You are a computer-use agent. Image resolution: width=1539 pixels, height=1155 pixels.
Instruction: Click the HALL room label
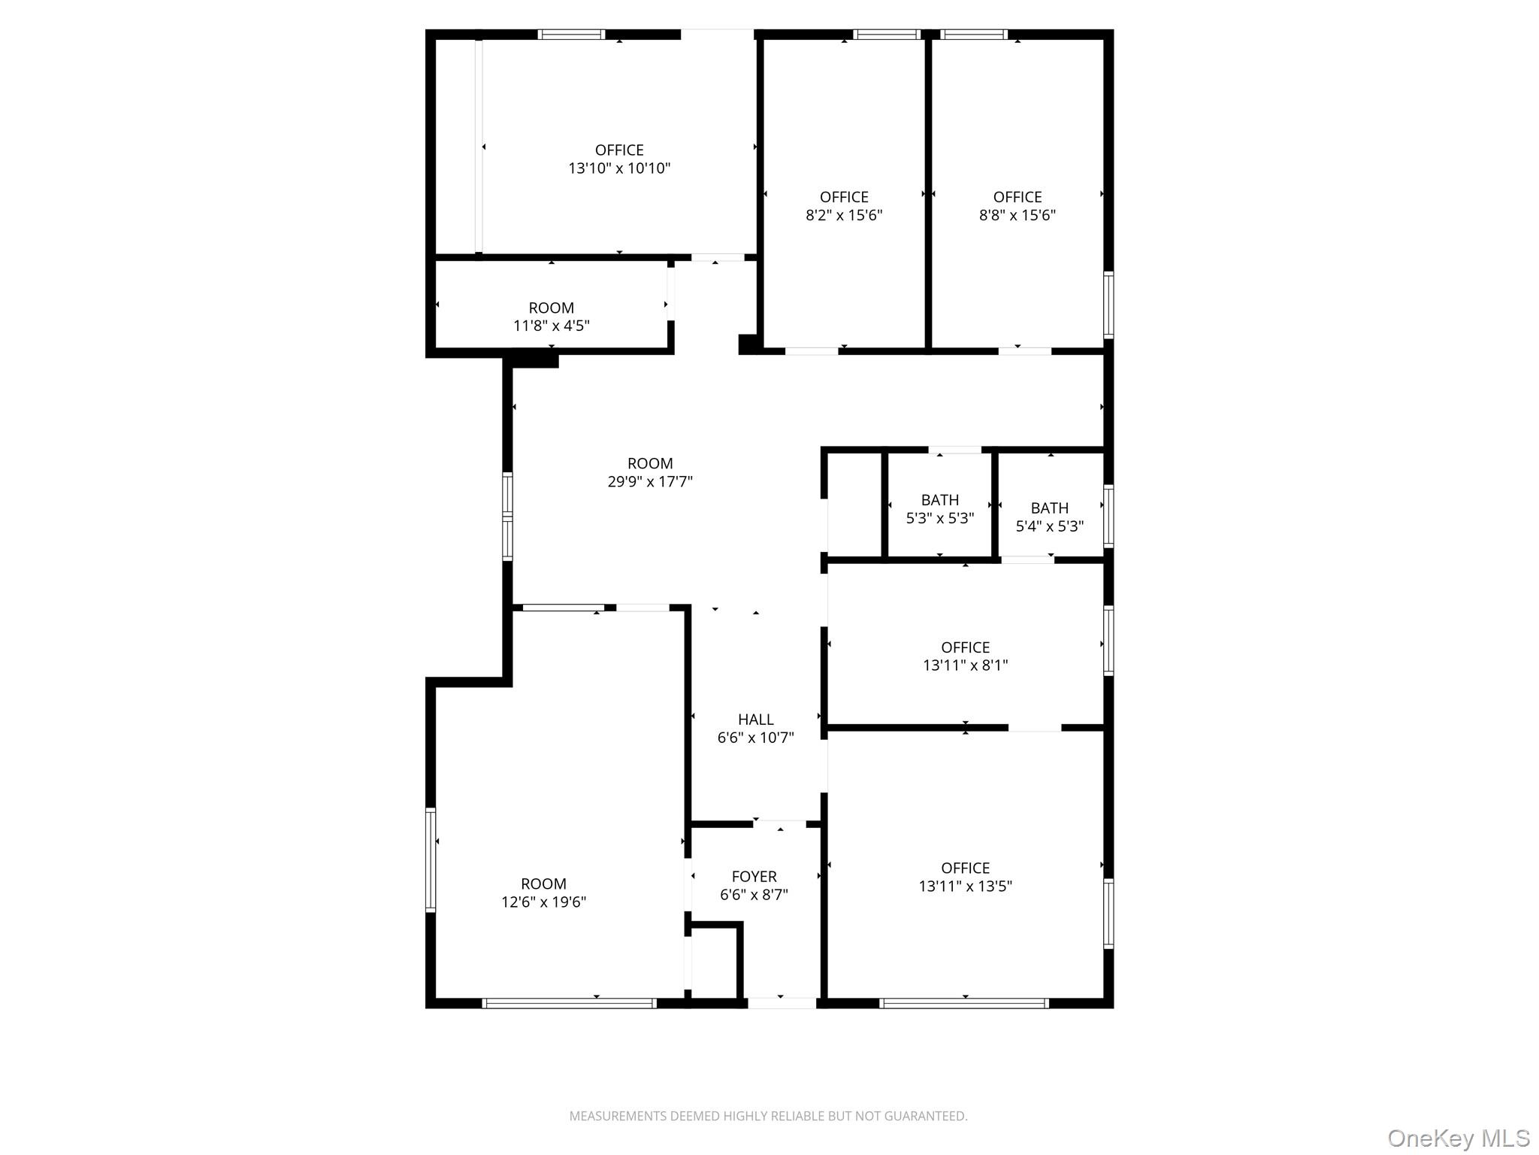(755, 720)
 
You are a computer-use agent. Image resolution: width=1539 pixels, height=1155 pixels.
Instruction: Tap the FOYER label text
(754, 877)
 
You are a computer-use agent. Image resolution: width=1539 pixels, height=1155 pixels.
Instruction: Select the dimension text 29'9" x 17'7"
(650, 482)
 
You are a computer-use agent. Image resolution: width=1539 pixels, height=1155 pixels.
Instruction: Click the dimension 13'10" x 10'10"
(619, 168)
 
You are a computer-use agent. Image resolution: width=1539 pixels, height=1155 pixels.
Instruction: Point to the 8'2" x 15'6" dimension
(844, 215)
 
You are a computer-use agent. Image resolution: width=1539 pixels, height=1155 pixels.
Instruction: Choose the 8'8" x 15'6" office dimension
(1017, 215)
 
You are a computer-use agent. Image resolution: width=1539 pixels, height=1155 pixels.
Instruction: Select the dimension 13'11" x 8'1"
(965, 665)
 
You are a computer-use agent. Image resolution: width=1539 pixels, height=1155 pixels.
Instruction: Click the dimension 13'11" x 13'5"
(965, 886)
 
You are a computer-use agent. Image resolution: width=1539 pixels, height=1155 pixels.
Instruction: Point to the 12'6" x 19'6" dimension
(543, 902)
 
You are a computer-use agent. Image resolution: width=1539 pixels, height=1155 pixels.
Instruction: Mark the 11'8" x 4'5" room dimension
(551, 326)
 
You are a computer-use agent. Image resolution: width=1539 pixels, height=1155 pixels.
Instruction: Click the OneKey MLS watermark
(1458, 1138)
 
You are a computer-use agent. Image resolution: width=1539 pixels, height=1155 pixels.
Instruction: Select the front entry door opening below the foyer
(782, 1002)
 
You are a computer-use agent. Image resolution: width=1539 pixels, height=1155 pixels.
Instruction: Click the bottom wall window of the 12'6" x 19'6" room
(569, 1002)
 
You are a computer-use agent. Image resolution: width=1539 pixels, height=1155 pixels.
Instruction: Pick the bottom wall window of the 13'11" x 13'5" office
(963, 1002)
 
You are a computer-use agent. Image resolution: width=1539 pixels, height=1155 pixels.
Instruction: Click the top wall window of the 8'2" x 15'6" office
(887, 35)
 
